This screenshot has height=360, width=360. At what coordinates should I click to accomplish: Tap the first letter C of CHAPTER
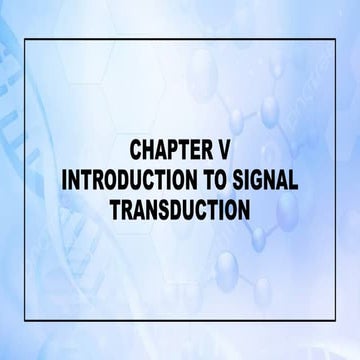pos(135,151)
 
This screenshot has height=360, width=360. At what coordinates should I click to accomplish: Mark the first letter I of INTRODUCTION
pos(66,181)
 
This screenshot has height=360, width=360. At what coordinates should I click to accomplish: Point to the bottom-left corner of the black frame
pos(26,319)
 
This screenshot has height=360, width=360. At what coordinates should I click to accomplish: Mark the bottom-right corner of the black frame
pos(334,319)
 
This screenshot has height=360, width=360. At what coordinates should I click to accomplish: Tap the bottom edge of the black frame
pos(180,319)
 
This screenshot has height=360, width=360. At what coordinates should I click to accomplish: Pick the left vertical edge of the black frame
pos(26,180)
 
